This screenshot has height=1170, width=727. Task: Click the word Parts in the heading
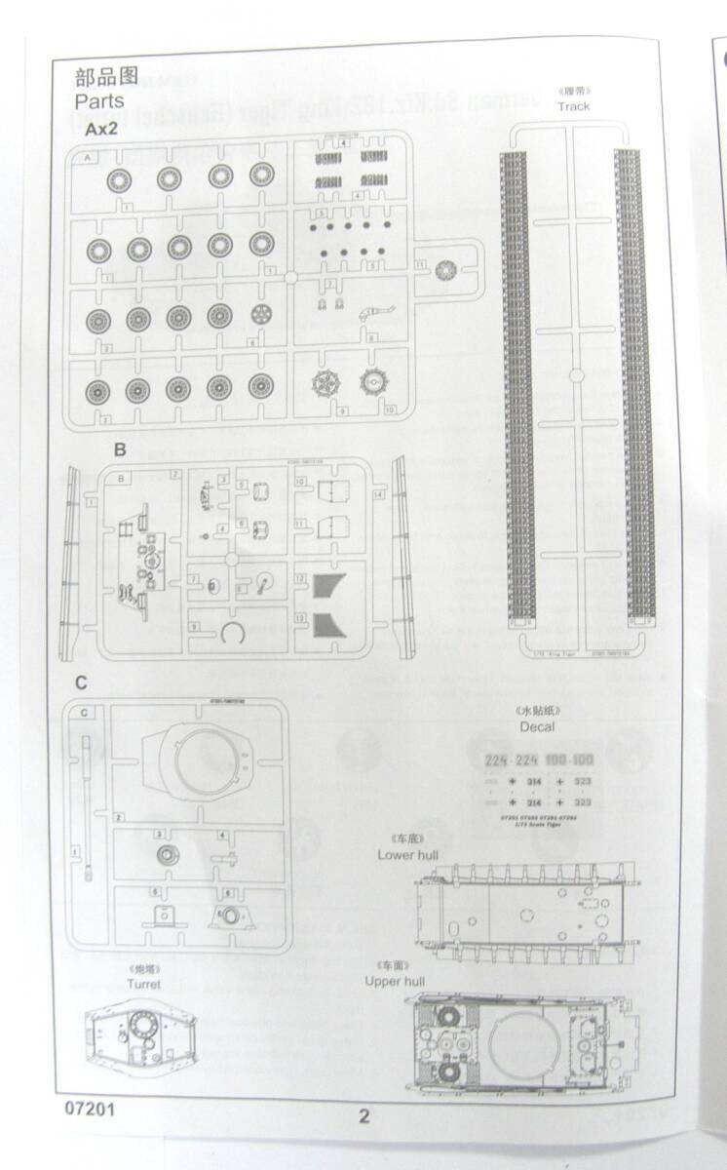[99, 100]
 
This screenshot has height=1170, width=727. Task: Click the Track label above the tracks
[574, 106]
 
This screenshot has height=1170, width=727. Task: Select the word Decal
[537, 726]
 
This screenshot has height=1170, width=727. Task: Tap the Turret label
[143, 984]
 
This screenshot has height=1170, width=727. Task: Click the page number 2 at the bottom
[364, 1117]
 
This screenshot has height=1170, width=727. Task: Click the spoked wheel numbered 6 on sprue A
[260, 316]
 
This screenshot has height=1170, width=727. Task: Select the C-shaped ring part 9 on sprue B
[231, 633]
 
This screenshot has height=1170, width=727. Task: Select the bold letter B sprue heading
[120, 450]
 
